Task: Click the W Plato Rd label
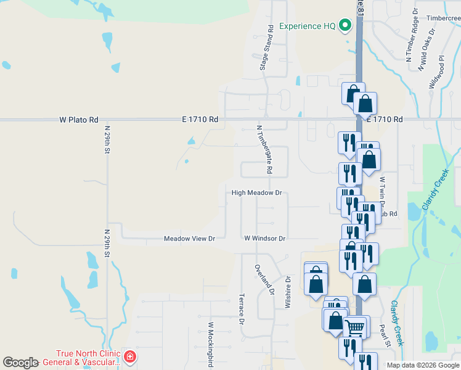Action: click(x=79, y=120)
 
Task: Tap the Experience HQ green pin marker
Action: click(x=345, y=26)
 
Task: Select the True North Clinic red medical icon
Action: click(x=129, y=356)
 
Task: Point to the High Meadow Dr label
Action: click(x=256, y=193)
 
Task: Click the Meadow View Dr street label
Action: click(x=189, y=239)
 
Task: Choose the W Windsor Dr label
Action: click(x=265, y=239)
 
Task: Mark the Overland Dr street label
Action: click(x=263, y=279)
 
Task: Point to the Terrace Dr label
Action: click(x=242, y=308)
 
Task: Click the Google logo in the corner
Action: click(x=20, y=363)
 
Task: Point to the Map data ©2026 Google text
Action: click(x=423, y=365)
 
